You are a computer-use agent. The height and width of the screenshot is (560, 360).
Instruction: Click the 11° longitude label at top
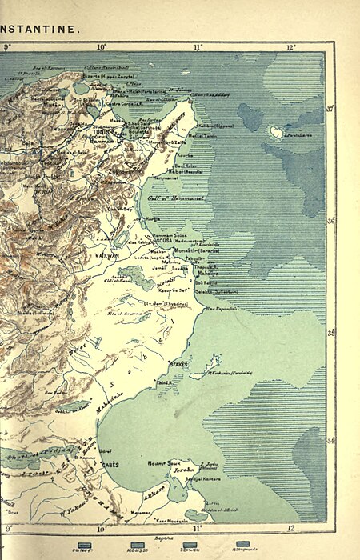[x=197, y=48]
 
